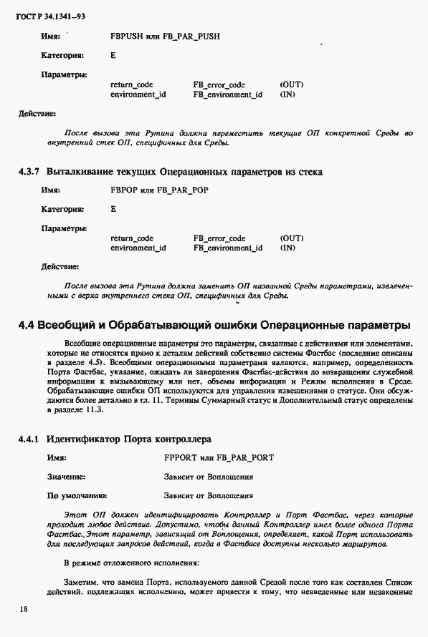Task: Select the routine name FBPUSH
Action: pyautogui.click(x=126, y=34)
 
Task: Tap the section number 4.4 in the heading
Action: pyautogui.click(x=27, y=325)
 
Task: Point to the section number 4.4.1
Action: pyautogui.click(x=32, y=437)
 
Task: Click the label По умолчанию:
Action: pyautogui.click(x=77, y=495)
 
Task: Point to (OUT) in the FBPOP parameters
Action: pyautogui.click(x=292, y=238)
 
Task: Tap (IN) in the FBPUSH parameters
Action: pyautogui.click(x=287, y=94)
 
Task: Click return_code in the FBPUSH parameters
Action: pyautogui.click(x=132, y=84)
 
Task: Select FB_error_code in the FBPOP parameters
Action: pyautogui.click(x=219, y=238)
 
